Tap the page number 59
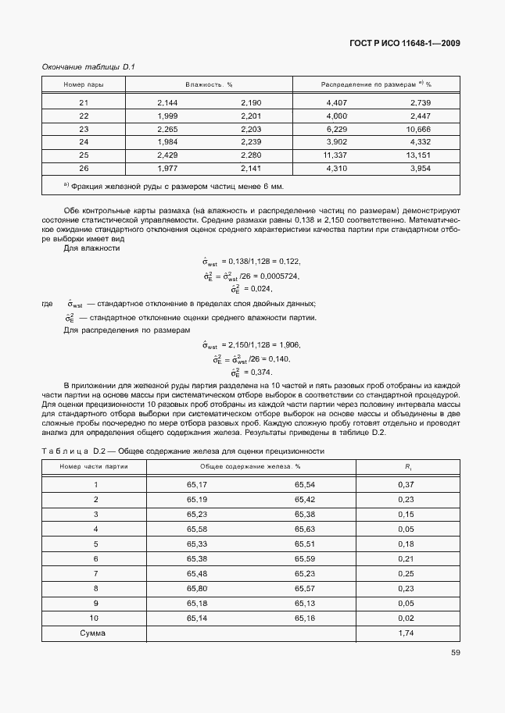click(x=455, y=654)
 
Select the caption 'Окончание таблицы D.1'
click(x=88, y=67)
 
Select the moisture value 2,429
click(x=168, y=155)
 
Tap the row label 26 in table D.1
click(x=84, y=168)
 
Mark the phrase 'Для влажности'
click(x=91, y=248)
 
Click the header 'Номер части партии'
click(x=95, y=466)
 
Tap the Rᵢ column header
click(x=407, y=466)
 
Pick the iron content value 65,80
click(x=197, y=588)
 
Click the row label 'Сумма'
click(x=93, y=633)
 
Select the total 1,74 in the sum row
click(x=407, y=633)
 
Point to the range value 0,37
click(x=407, y=485)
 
